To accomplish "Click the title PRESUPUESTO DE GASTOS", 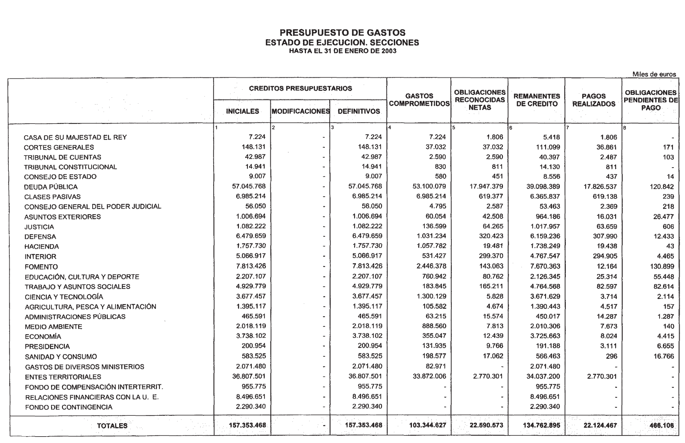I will (x=342, y=33).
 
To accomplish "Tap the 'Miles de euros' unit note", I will (x=654, y=74).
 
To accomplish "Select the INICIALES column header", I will (x=242, y=112).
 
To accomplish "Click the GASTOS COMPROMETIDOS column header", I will (x=419, y=100).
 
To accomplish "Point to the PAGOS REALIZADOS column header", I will (x=594, y=100).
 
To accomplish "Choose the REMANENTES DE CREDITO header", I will (x=537, y=100).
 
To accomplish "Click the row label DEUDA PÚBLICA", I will (x=51, y=187).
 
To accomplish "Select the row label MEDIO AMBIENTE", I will (x=53, y=327).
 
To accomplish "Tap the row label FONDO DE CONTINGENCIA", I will (x=68, y=407).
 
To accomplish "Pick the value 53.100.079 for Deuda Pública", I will (x=429, y=187).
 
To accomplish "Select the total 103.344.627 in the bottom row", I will (x=428, y=425).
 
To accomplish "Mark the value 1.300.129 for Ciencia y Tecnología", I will (x=431, y=296).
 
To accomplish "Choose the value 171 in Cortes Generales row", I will (x=668, y=147).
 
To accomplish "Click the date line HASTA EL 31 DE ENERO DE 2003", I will (x=342, y=51).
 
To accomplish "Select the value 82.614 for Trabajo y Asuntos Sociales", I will (x=664, y=287).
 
